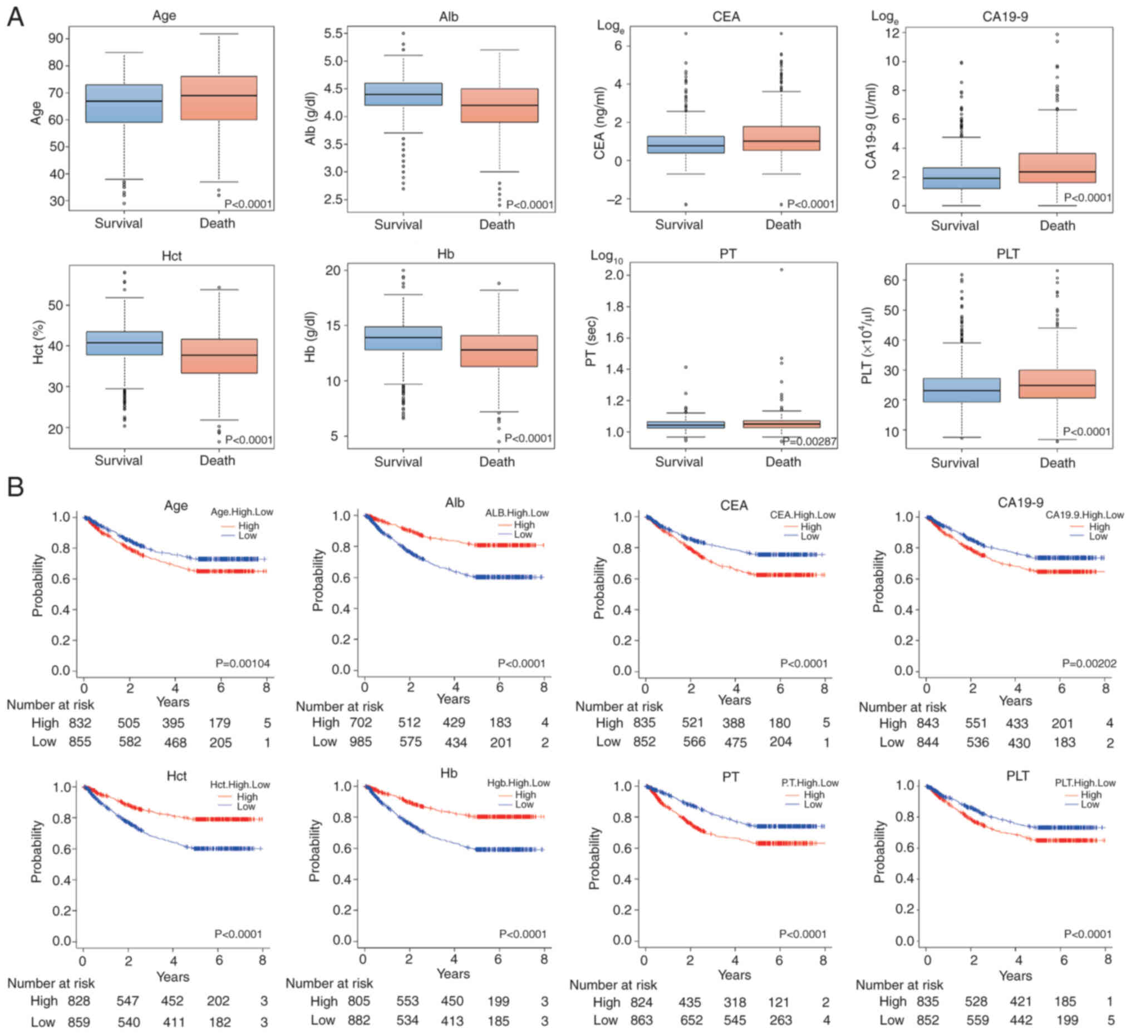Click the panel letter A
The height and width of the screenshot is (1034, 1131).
15,17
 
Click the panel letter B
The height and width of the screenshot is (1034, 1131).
15,487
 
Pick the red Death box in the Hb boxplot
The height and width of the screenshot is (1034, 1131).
499,351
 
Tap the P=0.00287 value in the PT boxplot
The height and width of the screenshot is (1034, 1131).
809,442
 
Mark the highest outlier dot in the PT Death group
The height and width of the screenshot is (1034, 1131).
781,270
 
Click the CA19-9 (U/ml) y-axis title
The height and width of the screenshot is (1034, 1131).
870,126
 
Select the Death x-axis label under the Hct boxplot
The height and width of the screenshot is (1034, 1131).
217,461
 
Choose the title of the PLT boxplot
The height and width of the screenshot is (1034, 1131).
1007,254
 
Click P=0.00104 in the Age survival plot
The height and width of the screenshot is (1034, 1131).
242,664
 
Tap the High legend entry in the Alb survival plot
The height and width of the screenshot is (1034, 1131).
524,525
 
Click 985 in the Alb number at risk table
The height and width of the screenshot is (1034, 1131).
360,742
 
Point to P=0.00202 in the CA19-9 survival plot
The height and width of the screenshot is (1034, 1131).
1088,664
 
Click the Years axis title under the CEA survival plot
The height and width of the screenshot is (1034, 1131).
734,700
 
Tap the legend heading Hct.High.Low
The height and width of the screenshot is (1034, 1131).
239,784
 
